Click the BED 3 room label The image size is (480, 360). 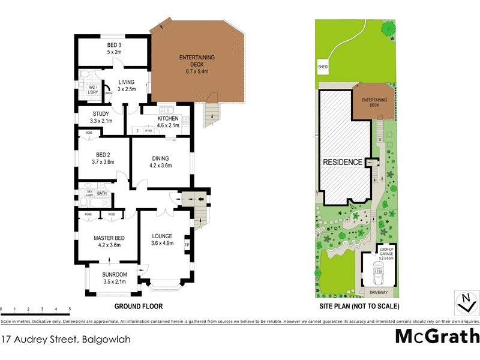pos(114,45)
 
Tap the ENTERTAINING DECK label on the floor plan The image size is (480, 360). pos(197,58)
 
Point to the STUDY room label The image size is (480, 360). pos(100,113)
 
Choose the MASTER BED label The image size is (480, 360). pos(109,238)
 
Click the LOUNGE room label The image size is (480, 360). pos(162,236)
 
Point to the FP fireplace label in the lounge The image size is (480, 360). pos(187,245)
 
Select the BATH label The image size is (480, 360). pos(101,193)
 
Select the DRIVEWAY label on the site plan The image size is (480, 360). pos(379,292)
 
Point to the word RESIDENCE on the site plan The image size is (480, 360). pos(343,162)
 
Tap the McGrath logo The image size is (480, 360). pos(437,337)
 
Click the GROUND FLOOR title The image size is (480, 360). pos(139,306)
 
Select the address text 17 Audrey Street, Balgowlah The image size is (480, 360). pos(65,339)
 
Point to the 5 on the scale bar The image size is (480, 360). pos(70,309)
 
